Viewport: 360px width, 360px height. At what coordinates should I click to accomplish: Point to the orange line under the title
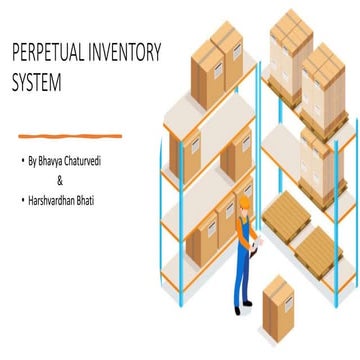pos(80,132)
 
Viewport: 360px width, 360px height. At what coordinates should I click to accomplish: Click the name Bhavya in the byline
pos(64,161)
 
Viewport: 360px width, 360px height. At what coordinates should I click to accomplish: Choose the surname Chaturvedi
pos(108,161)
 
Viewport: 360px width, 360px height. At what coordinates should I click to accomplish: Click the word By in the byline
pos(38,161)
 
